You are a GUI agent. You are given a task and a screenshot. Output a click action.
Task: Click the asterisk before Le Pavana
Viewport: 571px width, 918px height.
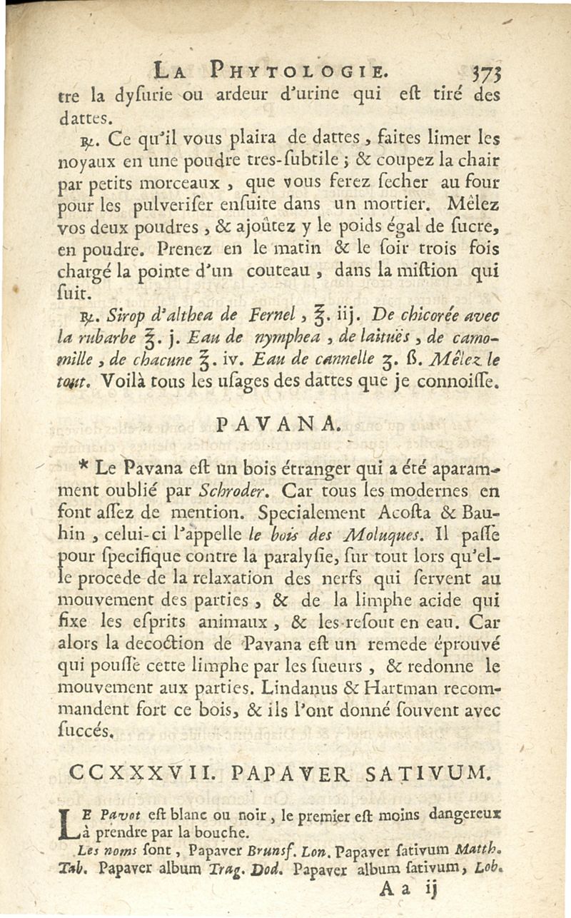85,469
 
